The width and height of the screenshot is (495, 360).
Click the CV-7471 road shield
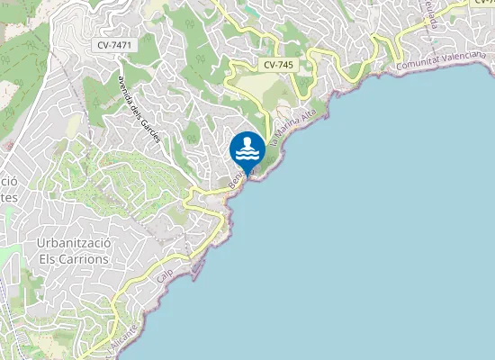click(115, 45)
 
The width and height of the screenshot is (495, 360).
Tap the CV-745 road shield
click(280, 66)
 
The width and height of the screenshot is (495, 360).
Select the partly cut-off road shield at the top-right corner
click(482, 3)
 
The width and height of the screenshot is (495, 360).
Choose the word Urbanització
click(73, 243)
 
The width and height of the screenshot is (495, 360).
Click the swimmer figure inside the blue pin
click(247, 144)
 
